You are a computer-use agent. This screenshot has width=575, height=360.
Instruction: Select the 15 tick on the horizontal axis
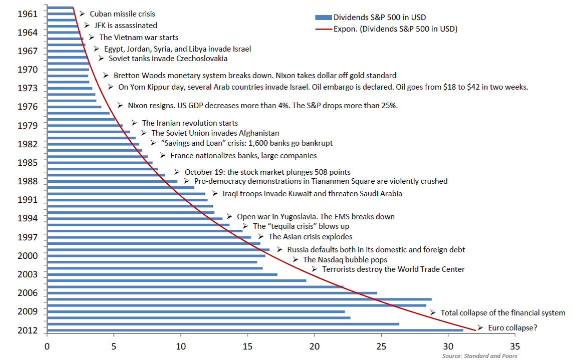[x=247, y=345]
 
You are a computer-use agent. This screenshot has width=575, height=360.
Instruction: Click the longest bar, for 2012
[x=255, y=330]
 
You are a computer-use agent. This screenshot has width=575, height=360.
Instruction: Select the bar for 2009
[x=196, y=311]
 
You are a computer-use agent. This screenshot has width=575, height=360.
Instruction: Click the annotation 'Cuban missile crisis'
[x=122, y=14]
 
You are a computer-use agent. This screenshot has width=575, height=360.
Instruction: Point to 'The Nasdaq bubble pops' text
[x=345, y=259]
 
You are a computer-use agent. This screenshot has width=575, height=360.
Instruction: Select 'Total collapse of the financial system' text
[x=502, y=313]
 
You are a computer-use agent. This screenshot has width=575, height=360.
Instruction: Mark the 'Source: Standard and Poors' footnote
[x=479, y=356]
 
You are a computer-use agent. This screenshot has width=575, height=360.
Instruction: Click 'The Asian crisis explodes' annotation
[x=310, y=236]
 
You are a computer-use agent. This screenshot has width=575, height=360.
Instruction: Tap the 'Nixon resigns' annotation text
[x=263, y=106]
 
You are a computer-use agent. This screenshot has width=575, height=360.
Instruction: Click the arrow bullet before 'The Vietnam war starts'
[x=92, y=37]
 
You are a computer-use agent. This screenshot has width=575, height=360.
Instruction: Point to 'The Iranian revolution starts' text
[x=190, y=123]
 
